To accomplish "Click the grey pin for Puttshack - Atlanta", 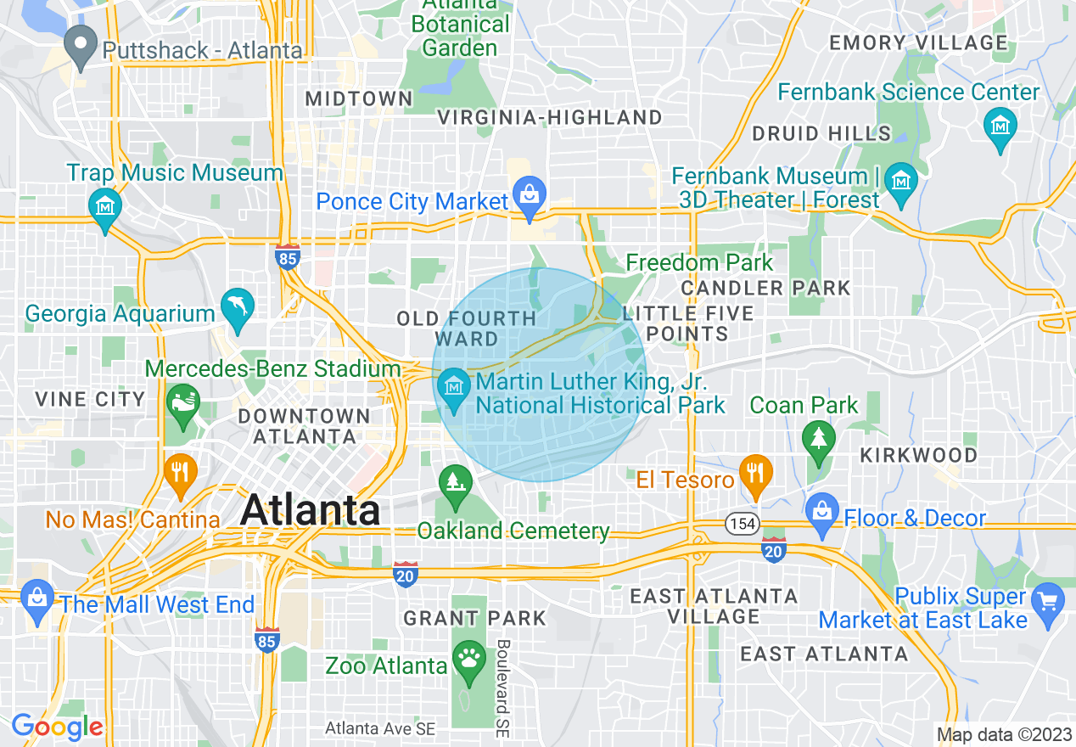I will click(81, 48).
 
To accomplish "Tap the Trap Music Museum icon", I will click(105, 206).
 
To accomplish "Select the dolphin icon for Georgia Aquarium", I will click(238, 306).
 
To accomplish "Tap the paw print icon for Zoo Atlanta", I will click(468, 656).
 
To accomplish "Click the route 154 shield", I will click(741, 525).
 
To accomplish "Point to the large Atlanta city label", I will click(310, 510).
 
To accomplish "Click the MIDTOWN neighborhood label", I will click(359, 99).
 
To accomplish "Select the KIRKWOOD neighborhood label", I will click(918, 455).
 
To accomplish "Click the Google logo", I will click(57, 727).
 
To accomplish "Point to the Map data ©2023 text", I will click(1003, 734).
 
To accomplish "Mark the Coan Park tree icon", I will click(818, 438).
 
